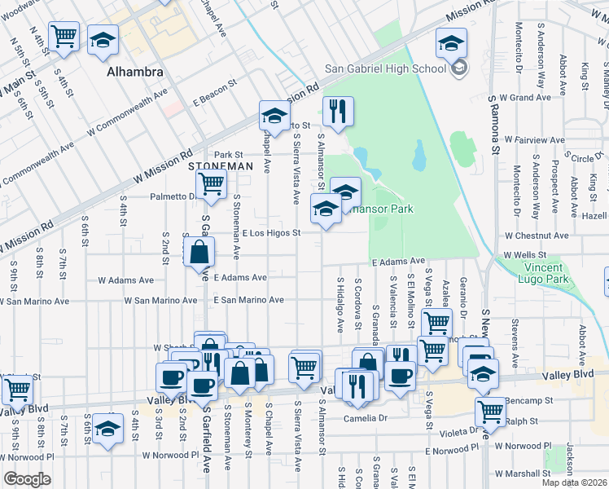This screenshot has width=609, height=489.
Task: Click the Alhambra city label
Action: tap(135, 72)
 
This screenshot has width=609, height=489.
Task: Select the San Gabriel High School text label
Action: tap(385, 68)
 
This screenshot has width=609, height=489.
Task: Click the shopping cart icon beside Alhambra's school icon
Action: tap(64, 37)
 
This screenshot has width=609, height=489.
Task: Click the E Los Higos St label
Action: tap(272, 233)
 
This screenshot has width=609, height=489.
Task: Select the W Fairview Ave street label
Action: tap(534, 140)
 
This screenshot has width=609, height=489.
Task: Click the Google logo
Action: tap(27, 479)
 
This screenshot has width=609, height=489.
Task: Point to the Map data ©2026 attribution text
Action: tap(573, 482)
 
